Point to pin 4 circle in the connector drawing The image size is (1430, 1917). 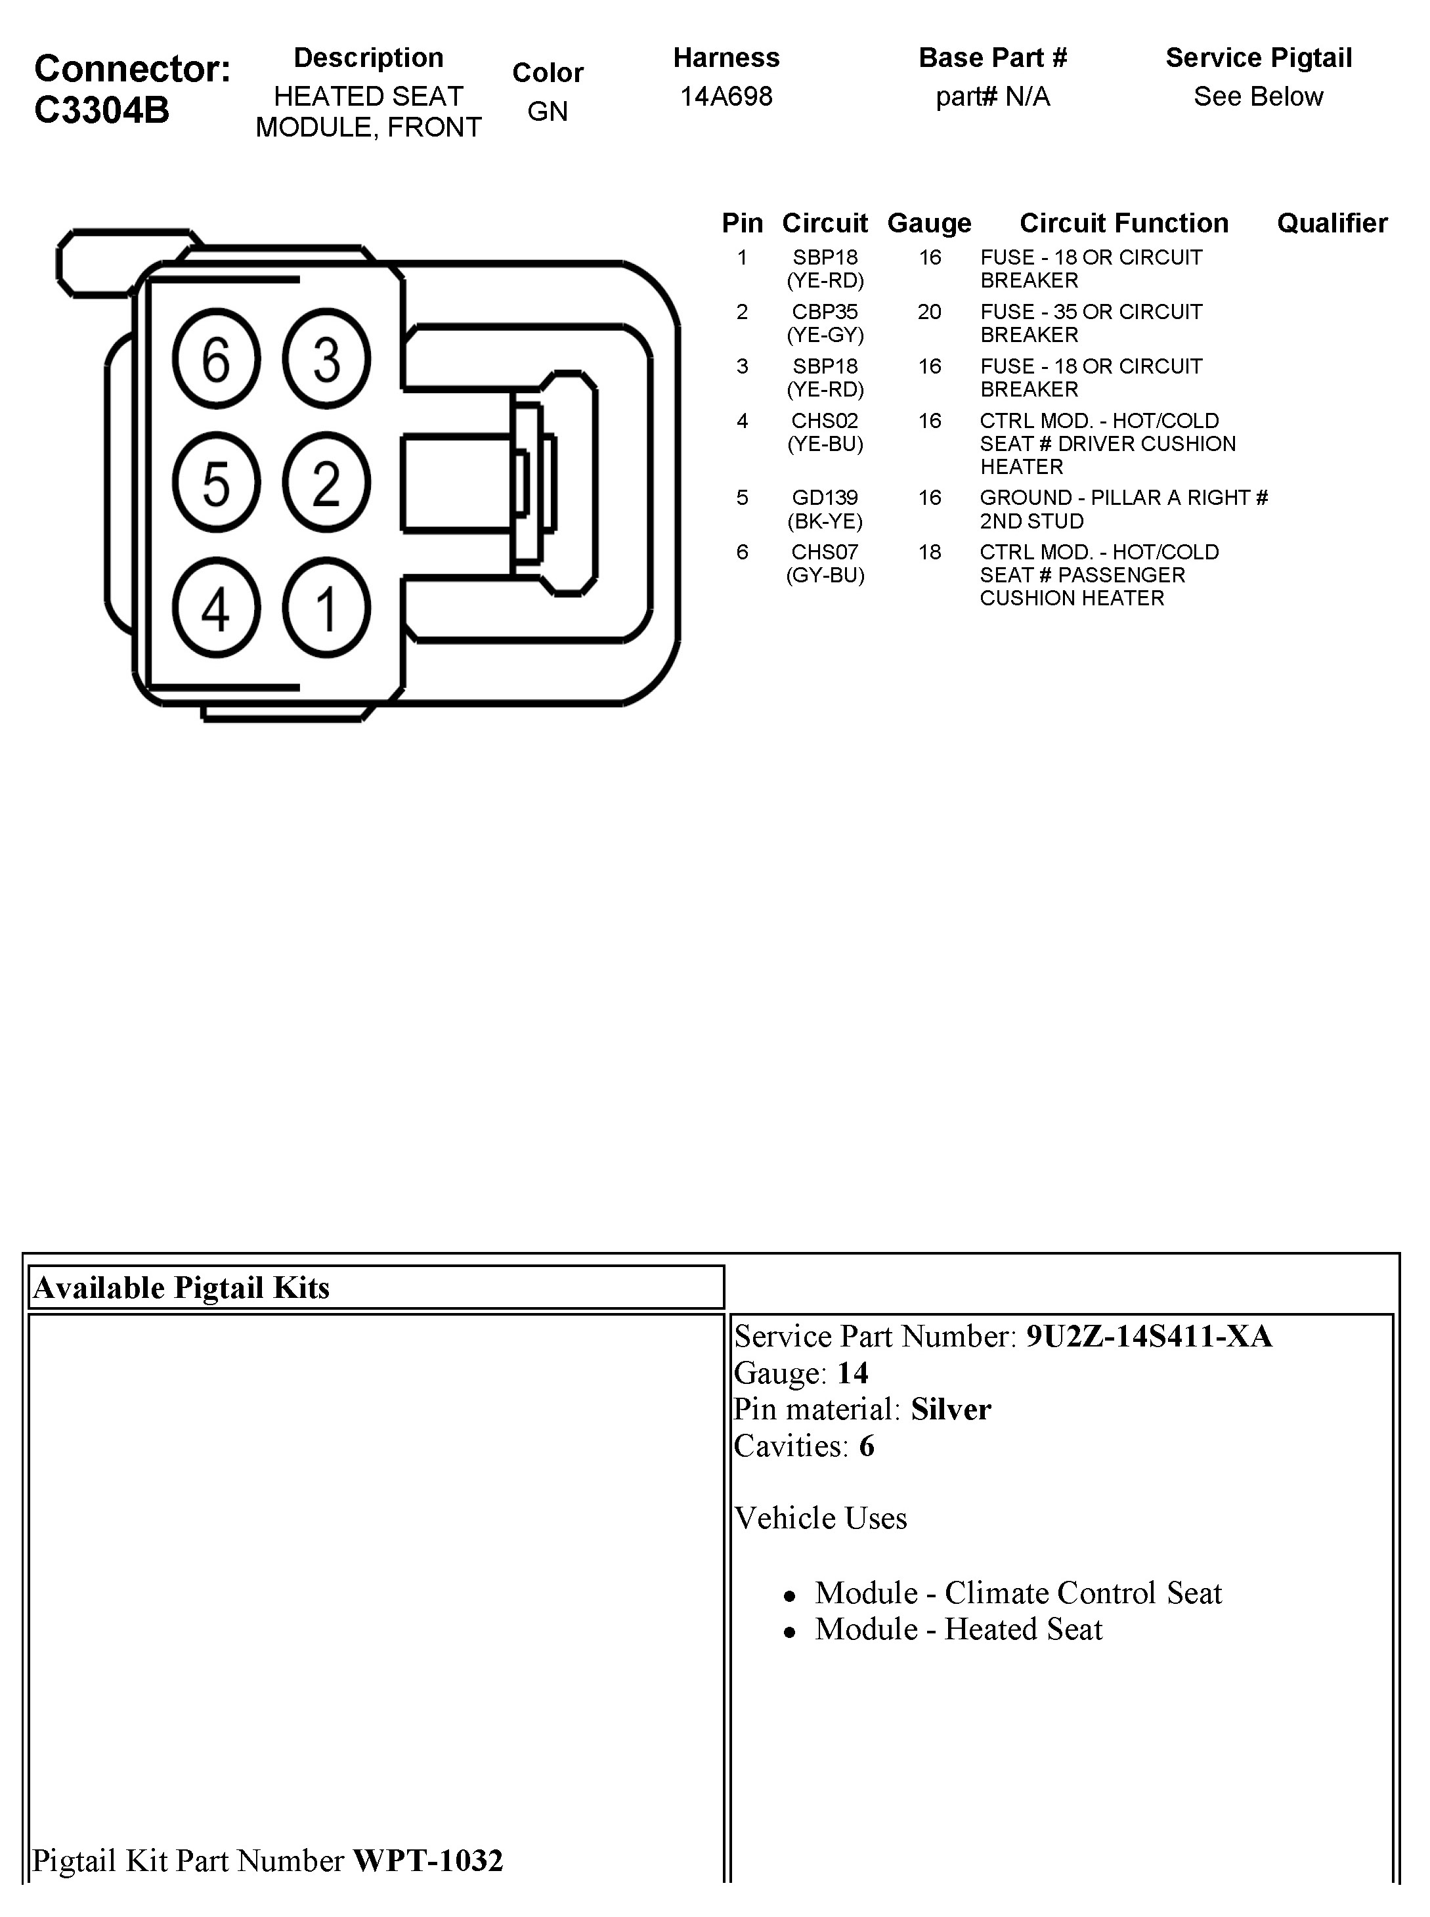215,607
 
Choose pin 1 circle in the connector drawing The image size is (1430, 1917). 326,607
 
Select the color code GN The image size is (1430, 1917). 547,112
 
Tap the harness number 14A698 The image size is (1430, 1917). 726,96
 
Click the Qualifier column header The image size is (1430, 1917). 1332,223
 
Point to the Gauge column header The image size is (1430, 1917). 929,223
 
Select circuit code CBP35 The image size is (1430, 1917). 825,312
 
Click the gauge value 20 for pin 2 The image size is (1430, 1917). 929,312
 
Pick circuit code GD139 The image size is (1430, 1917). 825,498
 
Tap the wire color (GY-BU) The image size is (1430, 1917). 825,576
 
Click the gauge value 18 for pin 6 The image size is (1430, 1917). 929,552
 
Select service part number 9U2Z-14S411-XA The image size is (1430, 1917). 1149,1336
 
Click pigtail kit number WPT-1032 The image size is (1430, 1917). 427,1860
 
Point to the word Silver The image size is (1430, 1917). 951,1409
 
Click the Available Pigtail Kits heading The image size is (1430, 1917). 182,1288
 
